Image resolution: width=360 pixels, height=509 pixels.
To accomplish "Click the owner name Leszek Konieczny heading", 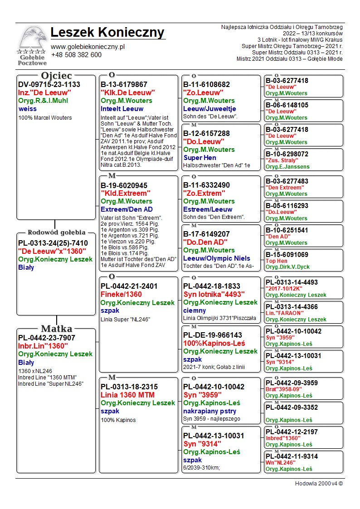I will pos(107,33).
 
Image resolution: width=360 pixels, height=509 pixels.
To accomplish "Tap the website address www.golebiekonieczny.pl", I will pos(88,47).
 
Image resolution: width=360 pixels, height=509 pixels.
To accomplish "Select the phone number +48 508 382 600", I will pos(76,55).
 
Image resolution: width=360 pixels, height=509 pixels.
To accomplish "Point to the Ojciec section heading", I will pos(56,76).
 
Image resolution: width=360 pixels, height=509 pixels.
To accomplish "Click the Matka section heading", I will pos(56,329).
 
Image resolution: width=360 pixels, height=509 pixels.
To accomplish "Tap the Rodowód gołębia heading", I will pos(56,233).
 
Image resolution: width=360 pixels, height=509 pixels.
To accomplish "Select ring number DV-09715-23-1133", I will pos(49,84).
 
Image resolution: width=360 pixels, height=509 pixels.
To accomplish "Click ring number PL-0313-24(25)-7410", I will pos(53,243).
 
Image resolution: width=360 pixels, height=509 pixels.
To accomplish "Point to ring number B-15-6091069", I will pos(287,255).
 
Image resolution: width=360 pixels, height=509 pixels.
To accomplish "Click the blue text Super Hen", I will pos(199,158).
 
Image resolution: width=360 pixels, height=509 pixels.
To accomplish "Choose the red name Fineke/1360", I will pos(121,294).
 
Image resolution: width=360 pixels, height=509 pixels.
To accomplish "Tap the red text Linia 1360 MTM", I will pos(127,395).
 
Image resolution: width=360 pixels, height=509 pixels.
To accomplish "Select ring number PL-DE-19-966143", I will pos(213,335).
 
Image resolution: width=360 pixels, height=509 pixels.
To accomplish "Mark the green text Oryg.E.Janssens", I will pos(287,167).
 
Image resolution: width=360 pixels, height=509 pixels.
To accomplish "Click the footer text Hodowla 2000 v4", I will pos(319,484).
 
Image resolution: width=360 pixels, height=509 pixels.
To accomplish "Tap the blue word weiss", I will pos(28,109).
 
